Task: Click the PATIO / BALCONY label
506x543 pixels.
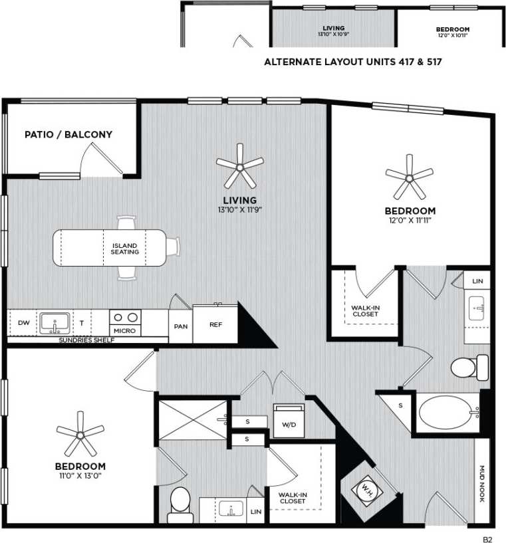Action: click(68, 134)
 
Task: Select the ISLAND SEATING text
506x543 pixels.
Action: click(125, 249)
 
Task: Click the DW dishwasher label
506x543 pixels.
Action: click(24, 323)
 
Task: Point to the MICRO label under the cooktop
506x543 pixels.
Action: click(124, 330)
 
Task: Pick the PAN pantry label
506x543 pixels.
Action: click(181, 326)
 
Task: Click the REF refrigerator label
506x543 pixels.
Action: click(215, 325)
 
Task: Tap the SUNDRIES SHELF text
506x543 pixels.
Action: click(87, 340)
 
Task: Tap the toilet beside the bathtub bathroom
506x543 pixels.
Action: click(469, 367)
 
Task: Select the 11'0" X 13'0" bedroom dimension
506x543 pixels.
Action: click(80, 475)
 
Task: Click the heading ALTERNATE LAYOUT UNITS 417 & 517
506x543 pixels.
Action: click(354, 62)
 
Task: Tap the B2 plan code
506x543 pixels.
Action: click(488, 532)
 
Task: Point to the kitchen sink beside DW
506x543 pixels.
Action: click(53, 323)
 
